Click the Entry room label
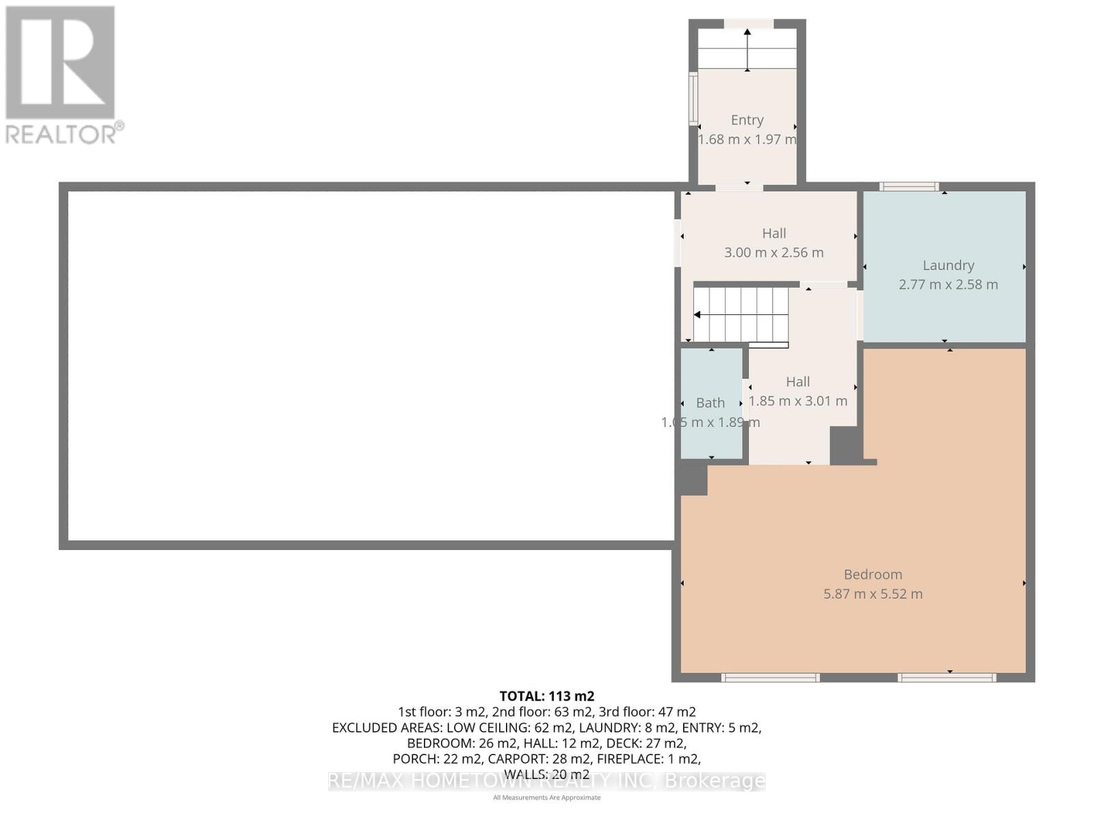coord(747,120)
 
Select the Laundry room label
coord(948,265)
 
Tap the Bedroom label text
coord(872,575)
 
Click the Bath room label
coord(710,403)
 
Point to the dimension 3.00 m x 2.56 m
coord(774,252)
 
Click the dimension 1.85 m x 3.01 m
coord(798,401)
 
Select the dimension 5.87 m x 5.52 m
coord(872,594)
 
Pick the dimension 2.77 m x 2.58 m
coord(948,284)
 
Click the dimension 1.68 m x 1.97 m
coord(747,139)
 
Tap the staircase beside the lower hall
coord(741,314)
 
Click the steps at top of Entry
coord(747,49)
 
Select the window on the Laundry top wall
coord(909,187)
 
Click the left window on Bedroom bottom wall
coord(770,678)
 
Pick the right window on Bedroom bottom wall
coord(946,678)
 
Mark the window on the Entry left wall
coord(693,100)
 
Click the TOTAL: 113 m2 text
coord(546,696)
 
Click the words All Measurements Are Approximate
coord(546,797)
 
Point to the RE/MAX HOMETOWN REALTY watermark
coord(546,781)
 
